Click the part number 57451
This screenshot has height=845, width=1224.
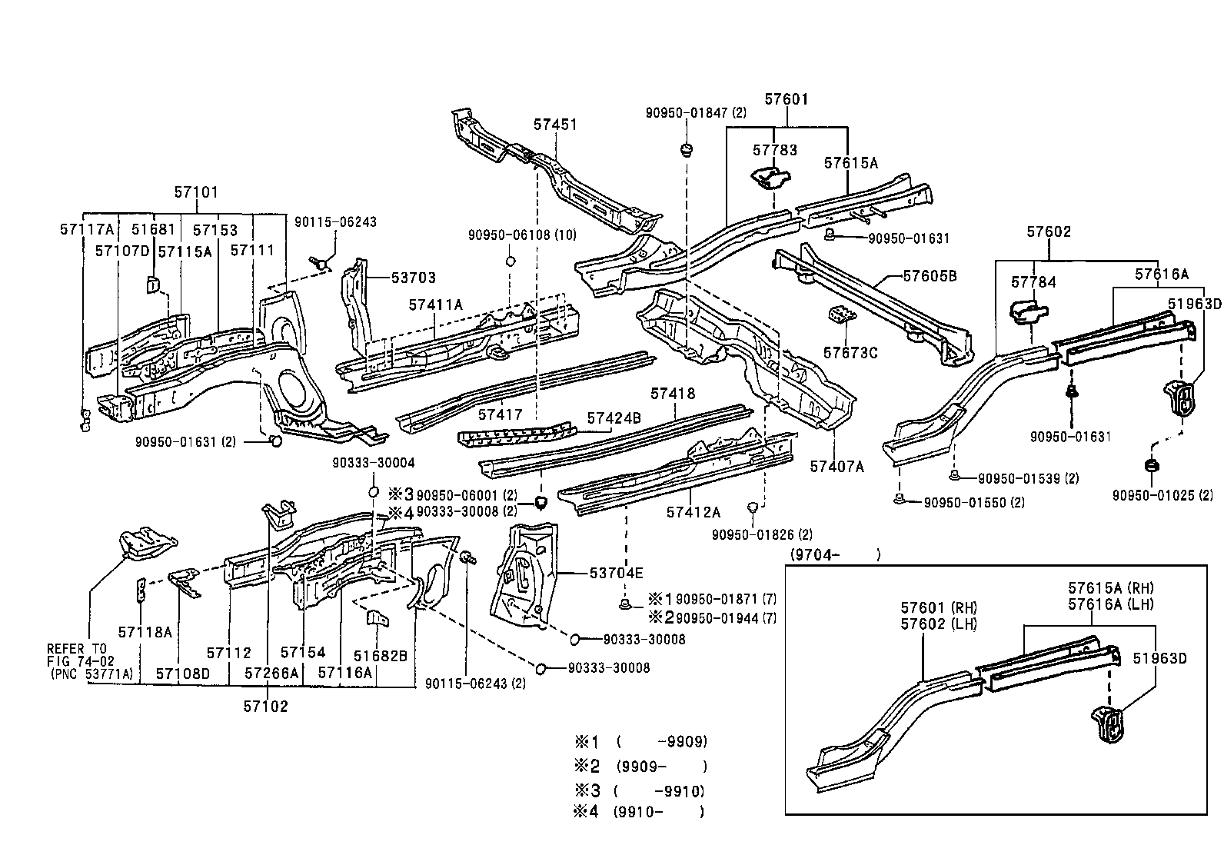pyautogui.click(x=555, y=125)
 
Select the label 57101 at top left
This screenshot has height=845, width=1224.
pyautogui.click(x=196, y=192)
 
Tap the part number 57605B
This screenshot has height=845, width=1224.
pyautogui.click(x=929, y=275)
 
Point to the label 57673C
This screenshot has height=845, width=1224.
pyautogui.click(x=850, y=352)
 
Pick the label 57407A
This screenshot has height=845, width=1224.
pyautogui.click(x=837, y=466)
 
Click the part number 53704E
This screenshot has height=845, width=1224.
pyautogui.click(x=617, y=573)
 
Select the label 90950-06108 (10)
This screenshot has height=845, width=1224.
pyautogui.click(x=522, y=235)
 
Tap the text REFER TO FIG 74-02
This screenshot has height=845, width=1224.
pyautogui.click(x=78, y=654)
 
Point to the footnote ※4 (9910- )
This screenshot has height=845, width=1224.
pyautogui.click(x=640, y=811)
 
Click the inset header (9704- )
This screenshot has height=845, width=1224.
pyautogui.click(x=834, y=554)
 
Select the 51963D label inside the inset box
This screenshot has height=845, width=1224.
pyautogui.click(x=1159, y=658)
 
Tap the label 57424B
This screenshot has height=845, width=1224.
pyautogui.click(x=614, y=418)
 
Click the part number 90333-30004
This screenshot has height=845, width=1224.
pyautogui.click(x=374, y=462)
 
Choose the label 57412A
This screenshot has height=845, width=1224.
pyautogui.click(x=693, y=512)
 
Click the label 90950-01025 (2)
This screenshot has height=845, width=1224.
pyautogui.click(x=1162, y=495)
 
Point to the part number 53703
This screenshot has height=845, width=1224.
pyautogui.click(x=413, y=278)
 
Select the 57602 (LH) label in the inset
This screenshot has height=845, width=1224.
pyautogui.click(x=938, y=624)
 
